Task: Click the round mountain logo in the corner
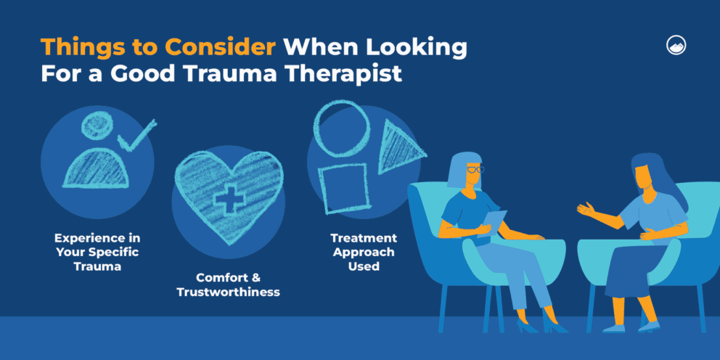(676, 45)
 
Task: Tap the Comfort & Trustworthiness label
(229, 285)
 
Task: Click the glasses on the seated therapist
(474, 170)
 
